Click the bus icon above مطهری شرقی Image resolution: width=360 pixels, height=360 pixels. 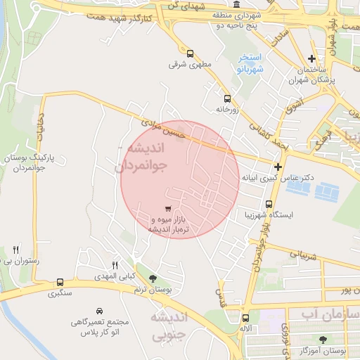point(190,53)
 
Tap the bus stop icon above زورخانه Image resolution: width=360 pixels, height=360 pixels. point(226,99)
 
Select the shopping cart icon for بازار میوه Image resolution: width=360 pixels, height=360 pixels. point(167,209)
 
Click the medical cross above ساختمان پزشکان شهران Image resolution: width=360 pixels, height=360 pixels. point(311,59)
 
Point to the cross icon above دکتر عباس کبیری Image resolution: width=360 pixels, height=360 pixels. point(278,167)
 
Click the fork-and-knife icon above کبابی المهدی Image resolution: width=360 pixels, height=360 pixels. point(115,264)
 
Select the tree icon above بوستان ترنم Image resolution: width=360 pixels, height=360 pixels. point(153,278)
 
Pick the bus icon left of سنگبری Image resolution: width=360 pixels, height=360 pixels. point(60,282)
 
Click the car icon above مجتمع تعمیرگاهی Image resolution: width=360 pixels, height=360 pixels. point(99,310)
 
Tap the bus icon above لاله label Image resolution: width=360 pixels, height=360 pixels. point(245,317)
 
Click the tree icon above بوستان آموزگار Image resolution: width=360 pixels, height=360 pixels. point(323,340)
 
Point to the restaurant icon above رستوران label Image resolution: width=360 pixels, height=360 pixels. point(15,250)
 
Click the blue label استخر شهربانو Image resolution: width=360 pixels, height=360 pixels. point(249,63)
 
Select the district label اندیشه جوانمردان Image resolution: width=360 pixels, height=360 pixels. point(141,157)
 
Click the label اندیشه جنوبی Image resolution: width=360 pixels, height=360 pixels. point(171,326)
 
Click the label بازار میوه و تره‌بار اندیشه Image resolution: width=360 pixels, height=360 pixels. point(169,225)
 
